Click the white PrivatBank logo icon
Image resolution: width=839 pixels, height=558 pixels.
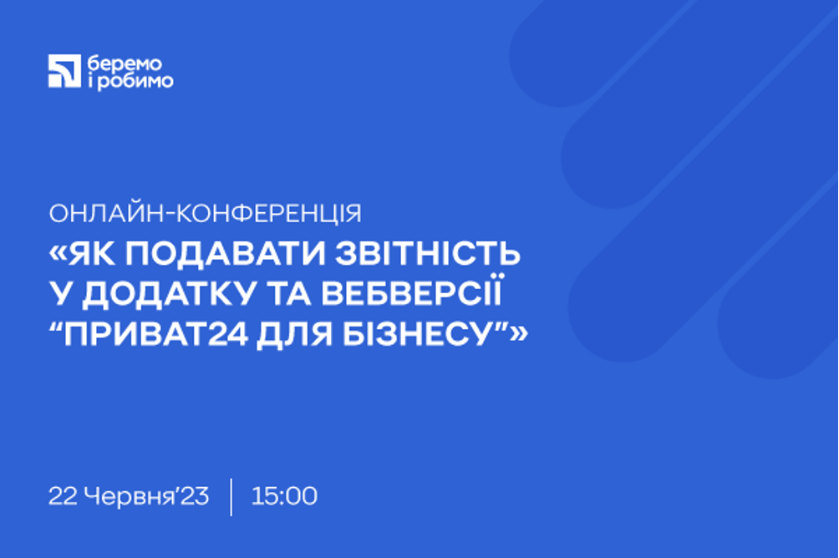pos(64,71)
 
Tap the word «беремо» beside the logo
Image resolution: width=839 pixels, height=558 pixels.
pos(125,63)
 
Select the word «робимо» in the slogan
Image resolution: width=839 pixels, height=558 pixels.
pos(136,81)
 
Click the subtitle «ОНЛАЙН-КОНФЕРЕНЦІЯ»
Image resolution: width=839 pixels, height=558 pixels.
pos(205,214)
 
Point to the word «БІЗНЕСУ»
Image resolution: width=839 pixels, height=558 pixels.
pos(417,335)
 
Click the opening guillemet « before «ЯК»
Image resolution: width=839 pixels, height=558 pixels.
pos(58,254)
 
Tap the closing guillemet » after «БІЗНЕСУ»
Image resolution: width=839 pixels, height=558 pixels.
pos(519,335)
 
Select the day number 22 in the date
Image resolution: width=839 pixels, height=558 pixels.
pos(63,496)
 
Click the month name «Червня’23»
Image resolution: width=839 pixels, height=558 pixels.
pos(146,496)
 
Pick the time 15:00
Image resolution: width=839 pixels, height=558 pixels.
pos(284,496)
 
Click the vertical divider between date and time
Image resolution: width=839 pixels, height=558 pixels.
pos(231,497)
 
